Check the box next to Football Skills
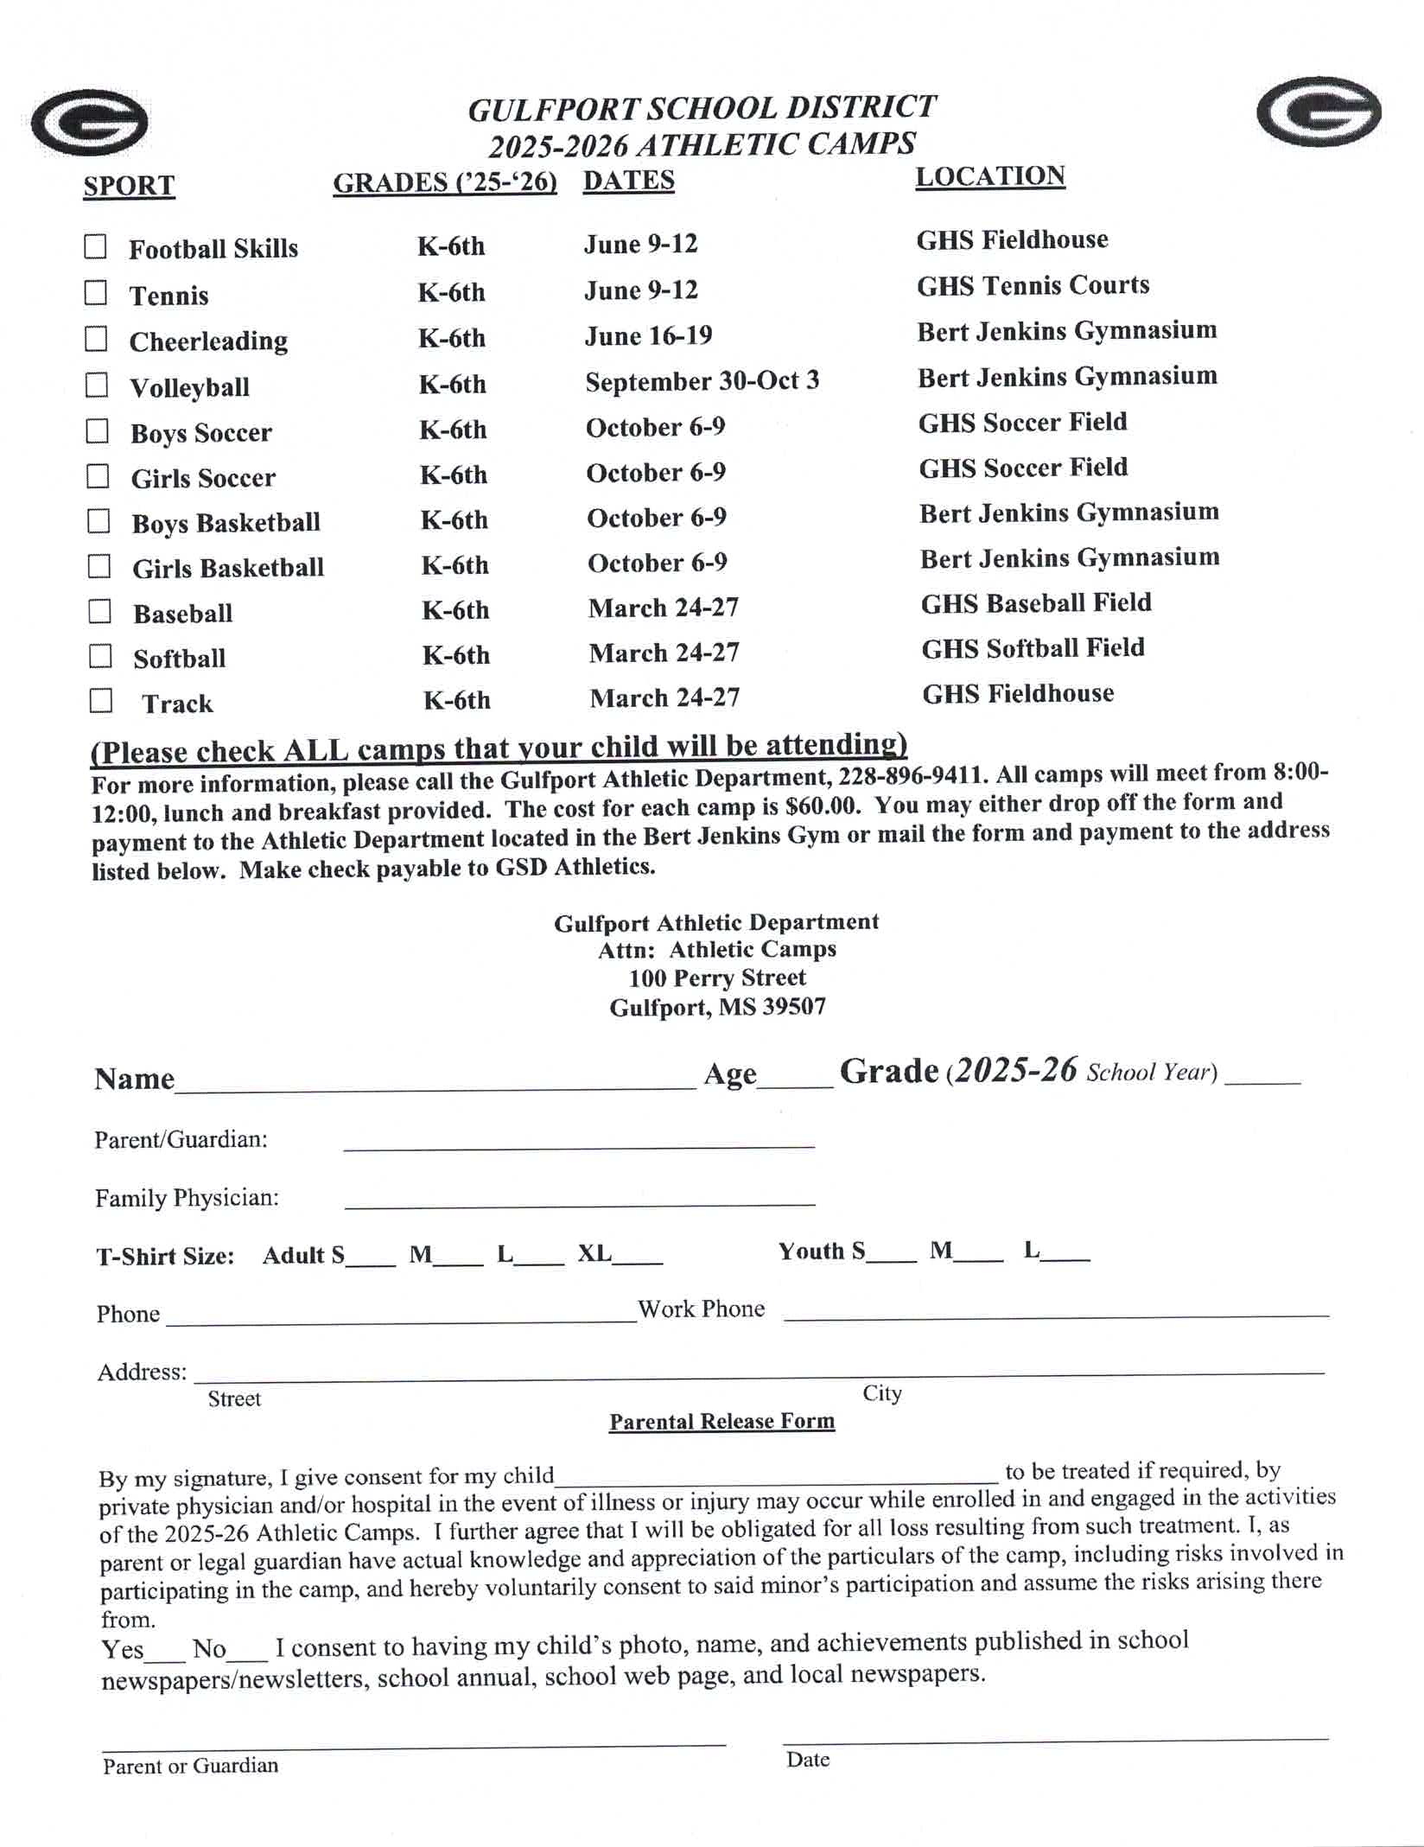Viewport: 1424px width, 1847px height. click(x=95, y=247)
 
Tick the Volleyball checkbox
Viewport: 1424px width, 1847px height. click(x=97, y=385)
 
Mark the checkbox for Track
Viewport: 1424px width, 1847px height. click(x=101, y=700)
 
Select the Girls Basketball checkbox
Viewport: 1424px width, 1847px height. click(x=99, y=566)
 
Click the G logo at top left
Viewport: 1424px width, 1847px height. click(x=90, y=123)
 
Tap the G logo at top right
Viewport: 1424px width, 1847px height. click(x=1319, y=112)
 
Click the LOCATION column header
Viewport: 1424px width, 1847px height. click(x=990, y=176)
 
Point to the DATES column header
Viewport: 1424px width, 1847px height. click(x=628, y=181)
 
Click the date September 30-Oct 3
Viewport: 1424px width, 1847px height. click(x=702, y=381)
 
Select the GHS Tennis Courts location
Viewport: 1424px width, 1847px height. click(x=1033, y=285)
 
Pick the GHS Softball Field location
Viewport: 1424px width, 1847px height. click(x=1033, y=648)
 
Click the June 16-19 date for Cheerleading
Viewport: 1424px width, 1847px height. click(x=648, y=335)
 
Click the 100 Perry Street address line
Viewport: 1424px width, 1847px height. click(x=717, y=978)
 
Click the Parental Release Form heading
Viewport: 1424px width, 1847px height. click(x=722, y=1422)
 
